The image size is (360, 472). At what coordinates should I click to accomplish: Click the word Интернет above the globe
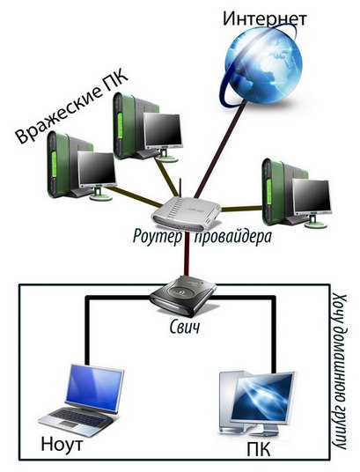(x=265, y=19)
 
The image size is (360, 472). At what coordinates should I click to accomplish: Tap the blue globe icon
(x=261, y=64)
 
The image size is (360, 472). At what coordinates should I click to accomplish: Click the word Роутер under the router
(x=158, y=237)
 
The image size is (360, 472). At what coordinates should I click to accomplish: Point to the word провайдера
(x=233, y=238)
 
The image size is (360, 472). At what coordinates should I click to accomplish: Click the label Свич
(x=185, y=327)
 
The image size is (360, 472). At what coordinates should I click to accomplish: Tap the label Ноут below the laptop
(x=62, y=444)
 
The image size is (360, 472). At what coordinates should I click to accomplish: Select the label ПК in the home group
(x=258, y=450)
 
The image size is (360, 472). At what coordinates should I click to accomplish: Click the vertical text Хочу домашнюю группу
(x=340, y=372)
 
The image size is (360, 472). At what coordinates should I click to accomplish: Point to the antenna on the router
(x=180, y=188)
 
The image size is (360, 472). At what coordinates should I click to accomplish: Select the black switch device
(x=183, y=297)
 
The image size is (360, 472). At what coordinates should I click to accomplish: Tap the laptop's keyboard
(x=79, y=417)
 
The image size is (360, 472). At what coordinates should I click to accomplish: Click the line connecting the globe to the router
(x=221, y=150)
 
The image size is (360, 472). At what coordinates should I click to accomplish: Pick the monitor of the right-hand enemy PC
(x=312, y=197)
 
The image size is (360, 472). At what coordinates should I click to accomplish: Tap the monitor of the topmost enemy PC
(x=163, y=130)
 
